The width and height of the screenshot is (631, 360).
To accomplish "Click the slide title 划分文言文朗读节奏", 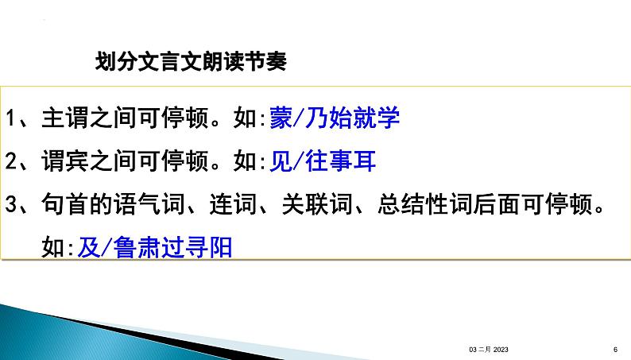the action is tap(191, 61).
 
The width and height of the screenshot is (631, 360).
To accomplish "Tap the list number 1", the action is tap(11, 118).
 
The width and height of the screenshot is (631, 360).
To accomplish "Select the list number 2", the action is tap(11, 161).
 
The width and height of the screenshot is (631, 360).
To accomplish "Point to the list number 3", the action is tap(11, 204).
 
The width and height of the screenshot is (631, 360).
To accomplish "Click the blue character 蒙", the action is tap(281, 118).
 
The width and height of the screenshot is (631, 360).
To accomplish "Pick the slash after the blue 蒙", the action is tap(299, 118).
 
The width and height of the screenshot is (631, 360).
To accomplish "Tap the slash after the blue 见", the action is tap(299, 161).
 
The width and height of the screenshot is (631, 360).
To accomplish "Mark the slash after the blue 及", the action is tap(106, 247).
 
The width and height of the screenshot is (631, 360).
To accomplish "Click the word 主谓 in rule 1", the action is tap(65, 118).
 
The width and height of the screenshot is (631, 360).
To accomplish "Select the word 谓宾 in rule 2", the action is tap(65, 161).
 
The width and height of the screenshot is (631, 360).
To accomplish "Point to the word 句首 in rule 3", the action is tap(65, 204).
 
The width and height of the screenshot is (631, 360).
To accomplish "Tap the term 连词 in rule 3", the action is tap(233, 204).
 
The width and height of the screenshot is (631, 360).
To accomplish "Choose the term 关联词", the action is tap(317, 204).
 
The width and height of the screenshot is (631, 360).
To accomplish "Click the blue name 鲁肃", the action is tap(137, 247).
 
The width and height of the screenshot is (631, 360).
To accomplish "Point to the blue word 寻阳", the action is tap(208, 247).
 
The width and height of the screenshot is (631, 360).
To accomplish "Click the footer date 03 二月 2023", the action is tap(489, 350).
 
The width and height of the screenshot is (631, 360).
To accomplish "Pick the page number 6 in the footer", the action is tap(615, 350).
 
